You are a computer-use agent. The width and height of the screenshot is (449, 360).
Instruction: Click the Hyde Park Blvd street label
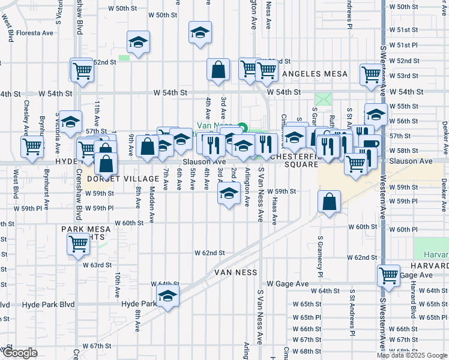click(49, 305)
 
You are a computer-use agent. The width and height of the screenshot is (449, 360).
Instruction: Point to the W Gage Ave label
click(288, 283)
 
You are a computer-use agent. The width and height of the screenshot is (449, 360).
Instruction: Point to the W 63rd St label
click(97, 265)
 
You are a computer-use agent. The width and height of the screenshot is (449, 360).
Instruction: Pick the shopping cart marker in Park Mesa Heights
click(79, 244)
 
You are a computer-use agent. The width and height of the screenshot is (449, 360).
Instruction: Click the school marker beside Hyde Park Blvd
click(168, 295)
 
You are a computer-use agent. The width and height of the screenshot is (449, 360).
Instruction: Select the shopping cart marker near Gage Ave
click(388, 275)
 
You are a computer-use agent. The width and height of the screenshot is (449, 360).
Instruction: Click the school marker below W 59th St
click(228, 193)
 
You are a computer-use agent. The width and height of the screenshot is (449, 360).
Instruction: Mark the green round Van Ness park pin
click(242, 127)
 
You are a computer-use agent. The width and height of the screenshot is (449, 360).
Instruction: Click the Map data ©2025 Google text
click(411, 355)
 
